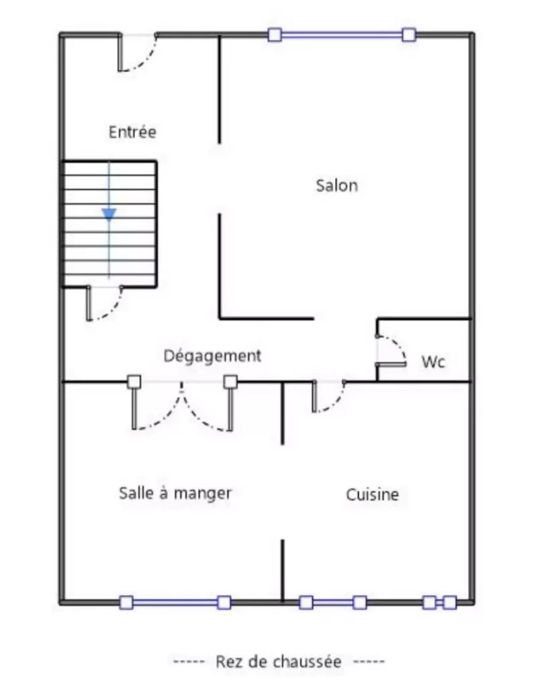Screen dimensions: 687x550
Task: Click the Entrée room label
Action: (132, 131)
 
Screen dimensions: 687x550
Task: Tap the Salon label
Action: (336, 185)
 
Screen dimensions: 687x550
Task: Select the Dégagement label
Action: (212, 356)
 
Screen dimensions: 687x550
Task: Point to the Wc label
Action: (433, 362)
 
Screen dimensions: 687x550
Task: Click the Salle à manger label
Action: (175, 493)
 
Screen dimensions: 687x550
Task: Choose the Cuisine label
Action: (372, 494)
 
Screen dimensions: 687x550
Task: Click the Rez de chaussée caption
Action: (279, 662)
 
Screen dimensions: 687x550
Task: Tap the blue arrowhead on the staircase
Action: (109, 214)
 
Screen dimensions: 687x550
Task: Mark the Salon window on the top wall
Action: (341, 35)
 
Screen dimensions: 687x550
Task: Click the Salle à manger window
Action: (175, 602)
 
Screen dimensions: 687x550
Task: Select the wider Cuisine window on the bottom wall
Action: (332, 602)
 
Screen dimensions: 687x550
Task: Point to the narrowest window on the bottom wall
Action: (439, 602)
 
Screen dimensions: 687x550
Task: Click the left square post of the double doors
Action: (134, 382)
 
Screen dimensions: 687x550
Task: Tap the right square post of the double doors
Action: (230, 382)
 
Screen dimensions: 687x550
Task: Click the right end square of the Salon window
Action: (408, 35)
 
